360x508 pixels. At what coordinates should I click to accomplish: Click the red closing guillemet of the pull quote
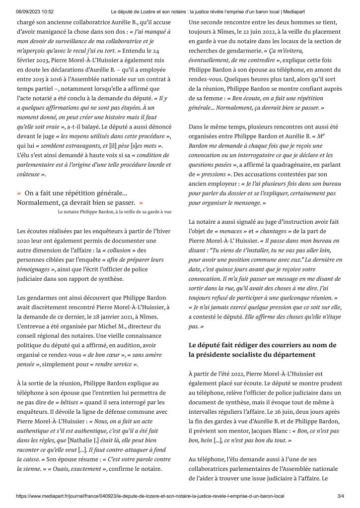click(141, 202)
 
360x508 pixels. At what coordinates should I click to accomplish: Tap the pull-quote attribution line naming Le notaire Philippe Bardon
click(115, 211)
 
